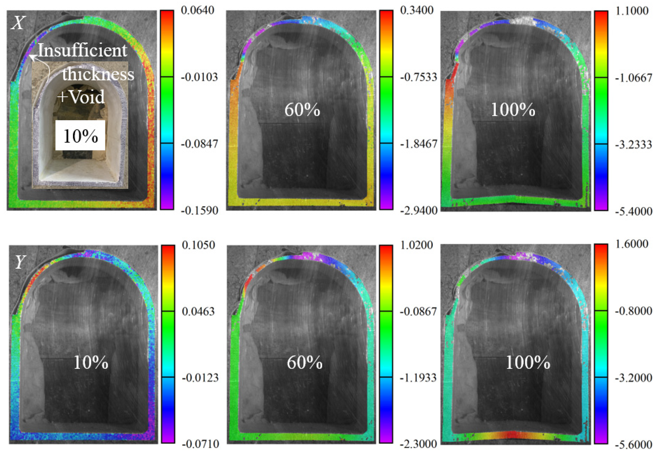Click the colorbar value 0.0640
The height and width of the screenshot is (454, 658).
point(198,10)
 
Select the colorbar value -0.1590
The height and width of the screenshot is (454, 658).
point(200,211)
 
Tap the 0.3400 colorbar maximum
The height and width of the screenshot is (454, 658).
point(417,10)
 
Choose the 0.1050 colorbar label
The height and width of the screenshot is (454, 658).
point(199,245)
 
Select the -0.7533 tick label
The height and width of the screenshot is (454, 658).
point(418,77)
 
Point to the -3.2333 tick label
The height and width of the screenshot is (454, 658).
point(633,145)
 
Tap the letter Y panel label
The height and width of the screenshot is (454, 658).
point(20,262)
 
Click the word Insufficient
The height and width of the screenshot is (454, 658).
point(82,51)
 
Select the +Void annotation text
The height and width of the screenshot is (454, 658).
point(81,97)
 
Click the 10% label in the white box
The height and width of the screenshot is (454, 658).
point(81,136)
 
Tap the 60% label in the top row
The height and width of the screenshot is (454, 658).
point(302,110)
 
